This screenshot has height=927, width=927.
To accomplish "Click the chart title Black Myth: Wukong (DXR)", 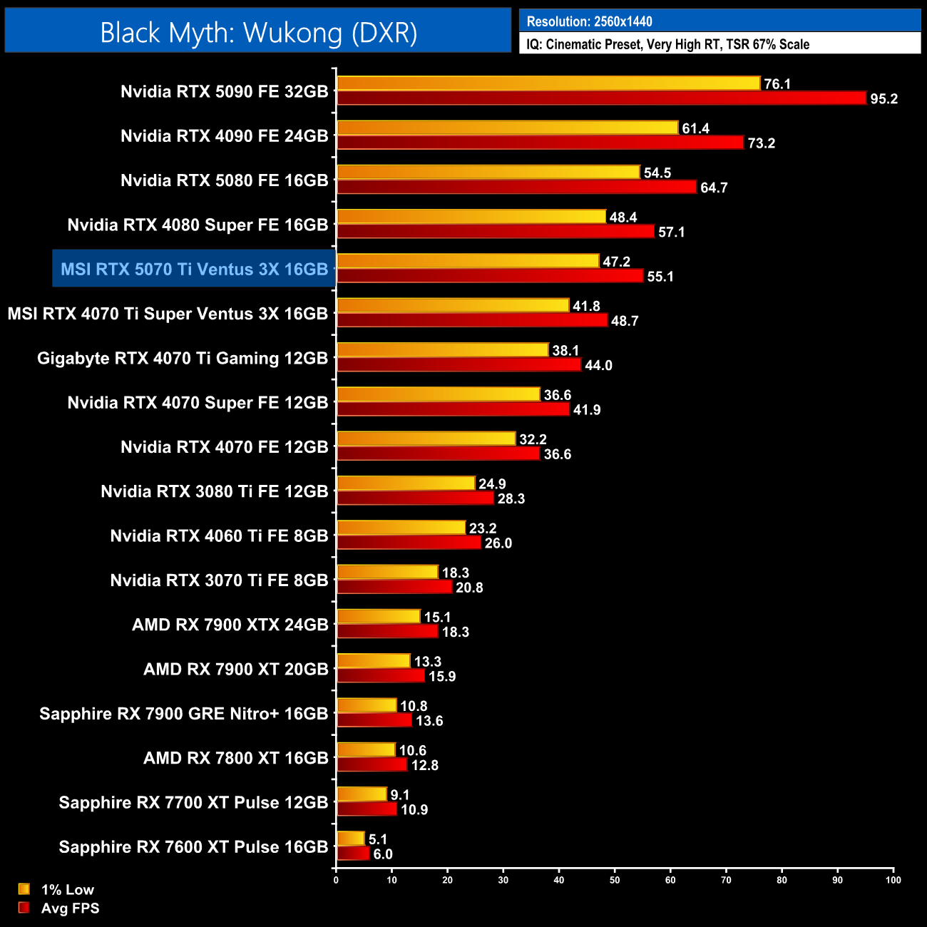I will point(258,32).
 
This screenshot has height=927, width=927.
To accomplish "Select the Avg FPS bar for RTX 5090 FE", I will point(601,98).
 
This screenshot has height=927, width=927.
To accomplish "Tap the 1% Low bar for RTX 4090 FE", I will point(507,128).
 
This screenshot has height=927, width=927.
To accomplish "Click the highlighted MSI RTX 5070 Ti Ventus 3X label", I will point(194,269).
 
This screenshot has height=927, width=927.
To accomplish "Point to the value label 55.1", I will point(660,277).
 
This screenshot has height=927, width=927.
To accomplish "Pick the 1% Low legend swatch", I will point(24,889).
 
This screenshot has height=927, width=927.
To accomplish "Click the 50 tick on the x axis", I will point(615,880).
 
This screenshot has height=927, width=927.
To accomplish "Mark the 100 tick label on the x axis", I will point(893,880).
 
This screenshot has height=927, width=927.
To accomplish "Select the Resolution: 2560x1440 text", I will point(589,21).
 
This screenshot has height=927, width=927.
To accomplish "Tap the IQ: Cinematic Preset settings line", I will point(667,44).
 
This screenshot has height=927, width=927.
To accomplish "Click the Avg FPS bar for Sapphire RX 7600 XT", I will point(353,854).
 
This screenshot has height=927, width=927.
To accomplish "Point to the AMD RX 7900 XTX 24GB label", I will point(230,625).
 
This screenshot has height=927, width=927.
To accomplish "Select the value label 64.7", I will point(714,188).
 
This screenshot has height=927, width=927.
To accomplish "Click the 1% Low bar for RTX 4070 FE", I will point(426,439).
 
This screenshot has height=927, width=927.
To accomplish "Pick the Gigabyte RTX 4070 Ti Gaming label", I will point(183,358).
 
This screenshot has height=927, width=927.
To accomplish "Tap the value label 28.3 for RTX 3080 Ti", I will point(511,499).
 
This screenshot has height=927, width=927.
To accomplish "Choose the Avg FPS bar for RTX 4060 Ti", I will point(409,543).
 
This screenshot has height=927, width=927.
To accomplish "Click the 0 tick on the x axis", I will point(336,880).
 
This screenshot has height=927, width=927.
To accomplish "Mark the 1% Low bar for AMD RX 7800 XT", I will point(366,750).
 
